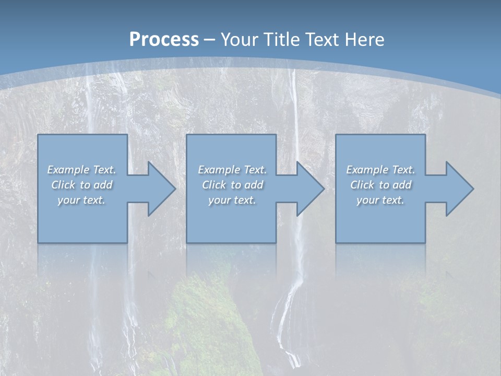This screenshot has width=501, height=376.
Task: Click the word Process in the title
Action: [164, 40]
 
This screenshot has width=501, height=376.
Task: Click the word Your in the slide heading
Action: [240, 40]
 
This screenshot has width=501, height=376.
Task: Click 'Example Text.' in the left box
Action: [82, 170]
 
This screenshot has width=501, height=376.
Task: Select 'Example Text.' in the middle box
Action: [232, 170]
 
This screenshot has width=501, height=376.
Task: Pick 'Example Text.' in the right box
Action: [380, 170]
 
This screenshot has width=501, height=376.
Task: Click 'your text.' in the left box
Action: [81, 200]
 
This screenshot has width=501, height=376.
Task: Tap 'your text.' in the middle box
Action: [232, 200]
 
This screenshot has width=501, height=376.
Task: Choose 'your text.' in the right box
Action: [380, 200]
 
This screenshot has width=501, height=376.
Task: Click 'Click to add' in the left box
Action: [82, 185]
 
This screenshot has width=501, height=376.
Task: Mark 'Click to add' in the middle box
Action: [232, 185]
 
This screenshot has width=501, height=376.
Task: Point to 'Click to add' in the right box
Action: [380, 185]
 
